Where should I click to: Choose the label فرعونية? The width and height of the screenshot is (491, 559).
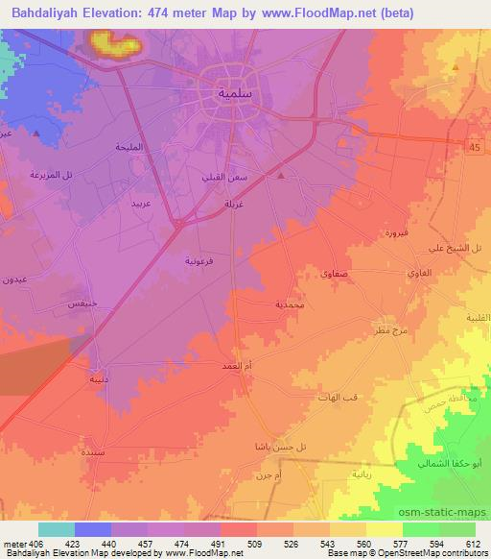(x=201, y=260)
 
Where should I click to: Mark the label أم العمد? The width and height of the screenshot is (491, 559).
(x=235, y=365)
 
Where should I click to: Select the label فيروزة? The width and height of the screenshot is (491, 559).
(x=394, y=233)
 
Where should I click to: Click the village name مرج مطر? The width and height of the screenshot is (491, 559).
(x=393, y=329)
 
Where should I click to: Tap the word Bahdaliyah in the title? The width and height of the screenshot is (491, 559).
(x=46, y=12)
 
